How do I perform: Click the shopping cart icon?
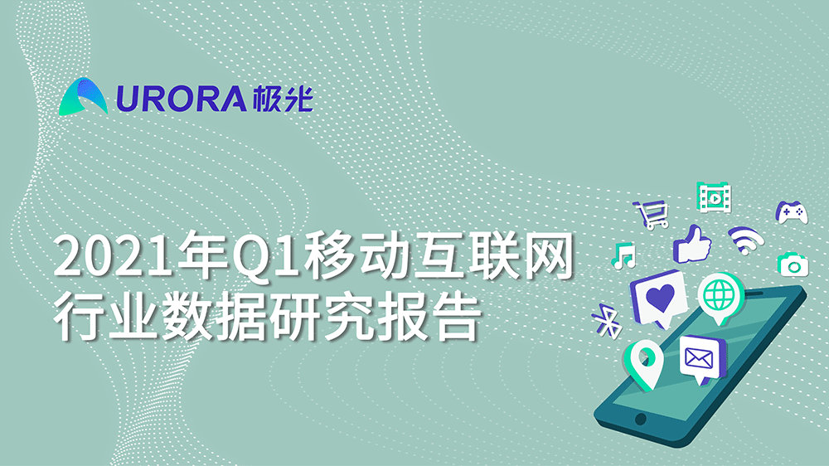652,215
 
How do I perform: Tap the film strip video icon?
714,197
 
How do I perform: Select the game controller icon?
792,212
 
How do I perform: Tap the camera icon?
793,264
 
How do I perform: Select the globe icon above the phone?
718,295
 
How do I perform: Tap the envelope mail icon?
701,357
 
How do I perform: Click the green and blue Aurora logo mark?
85,96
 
